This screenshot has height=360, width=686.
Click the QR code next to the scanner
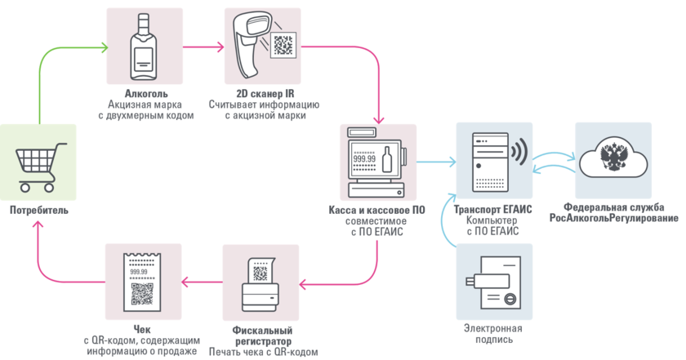click(284, 44)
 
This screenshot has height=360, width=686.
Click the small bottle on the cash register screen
click(387, 158)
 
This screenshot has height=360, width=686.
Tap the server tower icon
click(487, 160)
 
